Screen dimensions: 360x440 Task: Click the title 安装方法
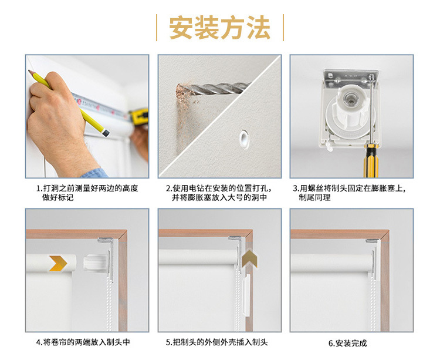coord(219,28)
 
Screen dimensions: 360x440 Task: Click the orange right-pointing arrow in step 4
coord(56,264)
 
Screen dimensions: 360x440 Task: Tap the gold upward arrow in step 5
coord(250,256)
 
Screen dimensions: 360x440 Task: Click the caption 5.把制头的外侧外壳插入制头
coord(220,342)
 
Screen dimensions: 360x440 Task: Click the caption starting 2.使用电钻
coord(218,193)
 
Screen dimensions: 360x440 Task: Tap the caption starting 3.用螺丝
coord(350,193)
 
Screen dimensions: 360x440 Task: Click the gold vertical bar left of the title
coord(157,28)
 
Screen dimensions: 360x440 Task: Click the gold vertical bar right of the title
coord(283,28)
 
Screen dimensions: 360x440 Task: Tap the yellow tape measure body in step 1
coord(140,116)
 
